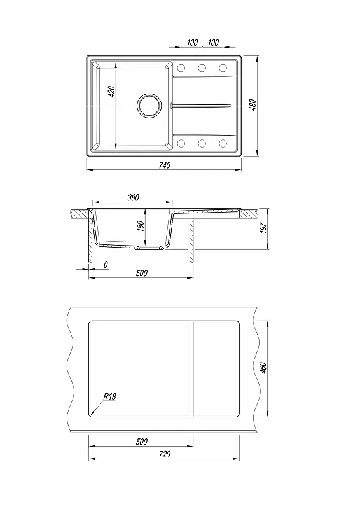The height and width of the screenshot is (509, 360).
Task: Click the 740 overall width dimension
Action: tap(165, 165)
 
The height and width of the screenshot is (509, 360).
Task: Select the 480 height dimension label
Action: tap(254, 104)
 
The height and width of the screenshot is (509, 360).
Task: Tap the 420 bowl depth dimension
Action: tap(111, 92)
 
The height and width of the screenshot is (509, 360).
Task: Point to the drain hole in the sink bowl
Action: tap(149, 106)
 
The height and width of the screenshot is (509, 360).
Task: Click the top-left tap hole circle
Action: tap(181, 68)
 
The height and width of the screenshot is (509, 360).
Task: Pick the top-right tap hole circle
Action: tap(223, 68)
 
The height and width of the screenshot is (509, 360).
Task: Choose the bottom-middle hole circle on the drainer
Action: tap(202, 143)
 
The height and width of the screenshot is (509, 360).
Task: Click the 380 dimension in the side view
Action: tap(133, 197)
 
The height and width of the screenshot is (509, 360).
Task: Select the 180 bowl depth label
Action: tap(140, 226)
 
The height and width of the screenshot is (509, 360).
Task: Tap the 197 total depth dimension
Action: tap(263, 228)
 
